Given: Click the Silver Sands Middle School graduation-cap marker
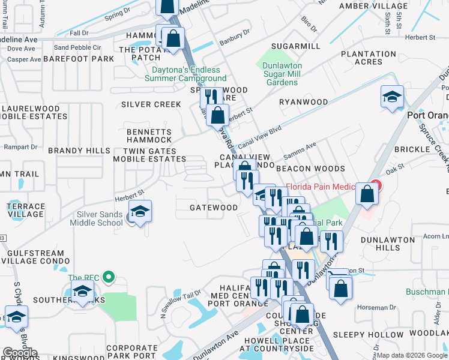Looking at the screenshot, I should tap(140, 212).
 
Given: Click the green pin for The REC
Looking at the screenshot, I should tap(108, 277).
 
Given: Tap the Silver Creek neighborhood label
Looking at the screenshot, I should tap(151, 104).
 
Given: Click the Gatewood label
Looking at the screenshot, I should tap(214, 208).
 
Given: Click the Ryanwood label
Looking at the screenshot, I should tap(304, 102).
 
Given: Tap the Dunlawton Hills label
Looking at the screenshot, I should tap(388, 243).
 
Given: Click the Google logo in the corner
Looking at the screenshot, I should tap(20, 353).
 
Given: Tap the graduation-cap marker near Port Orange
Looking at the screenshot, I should tap(392, 97).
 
